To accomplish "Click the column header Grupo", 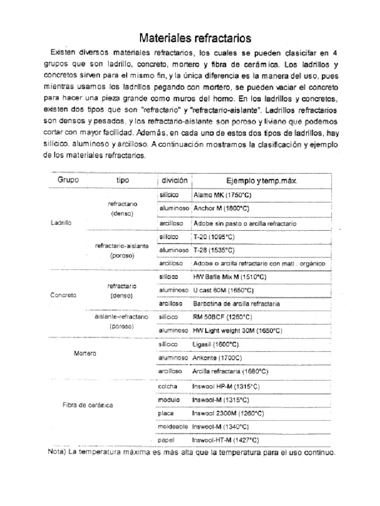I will [68, 180].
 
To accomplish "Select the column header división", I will [172, 180].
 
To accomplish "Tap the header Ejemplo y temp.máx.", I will [262, 181].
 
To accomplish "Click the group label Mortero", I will [84, 354].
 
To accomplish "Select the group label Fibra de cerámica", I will [88, 405].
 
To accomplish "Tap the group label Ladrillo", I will [61, 223].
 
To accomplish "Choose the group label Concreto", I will [63, 295].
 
